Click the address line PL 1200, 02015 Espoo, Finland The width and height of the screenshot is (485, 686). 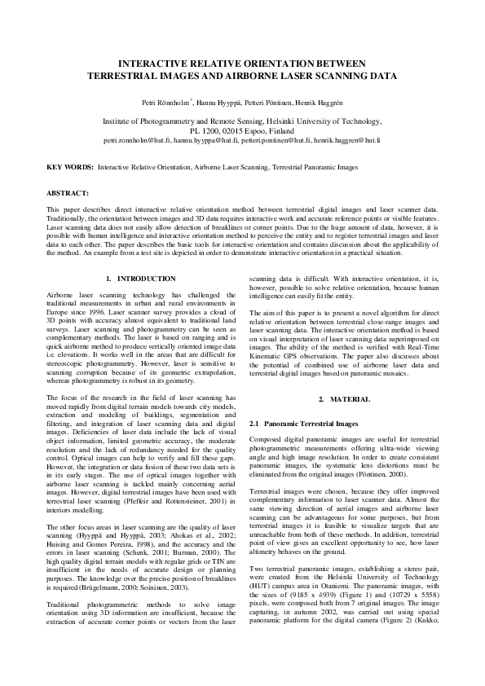click(x=242, y=130)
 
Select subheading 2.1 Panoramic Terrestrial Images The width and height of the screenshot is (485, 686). click(x=302, y=424)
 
